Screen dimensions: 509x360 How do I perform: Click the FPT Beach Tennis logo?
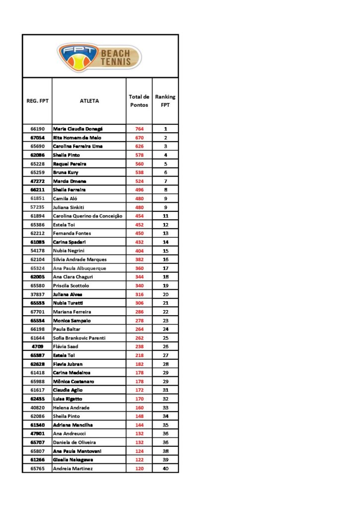coord(99,56)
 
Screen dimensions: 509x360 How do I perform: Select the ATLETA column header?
coord(89,101)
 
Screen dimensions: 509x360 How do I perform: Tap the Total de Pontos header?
coord(139,101)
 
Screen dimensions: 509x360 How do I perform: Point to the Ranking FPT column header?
coord(165,101)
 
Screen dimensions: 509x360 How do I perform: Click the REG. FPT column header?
coord(37,101)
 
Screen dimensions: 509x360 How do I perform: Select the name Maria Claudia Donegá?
coord(78,129)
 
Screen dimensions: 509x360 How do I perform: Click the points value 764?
coord(139,129)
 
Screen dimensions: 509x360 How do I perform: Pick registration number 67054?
coord(37,138)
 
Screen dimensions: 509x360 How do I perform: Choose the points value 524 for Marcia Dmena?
coord(139,181)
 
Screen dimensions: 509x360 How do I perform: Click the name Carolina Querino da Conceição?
coord(88,216)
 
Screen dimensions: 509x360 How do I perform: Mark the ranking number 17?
coord(166,268)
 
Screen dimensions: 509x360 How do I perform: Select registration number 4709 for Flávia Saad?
coord(37,346)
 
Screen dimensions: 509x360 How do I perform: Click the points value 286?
coord(139,312)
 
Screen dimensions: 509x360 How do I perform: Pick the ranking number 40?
coord(166,468)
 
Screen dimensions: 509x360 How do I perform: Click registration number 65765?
coord(37,468)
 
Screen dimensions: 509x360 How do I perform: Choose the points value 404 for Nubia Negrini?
coord(139,251)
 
